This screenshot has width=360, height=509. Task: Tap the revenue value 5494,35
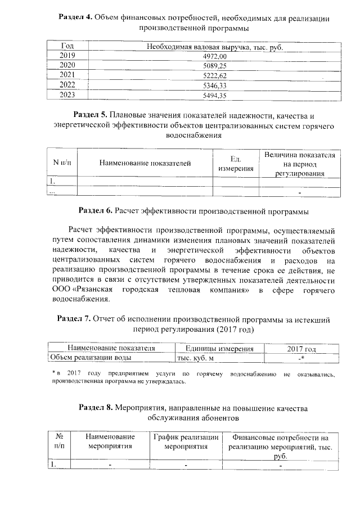tap(214, 95)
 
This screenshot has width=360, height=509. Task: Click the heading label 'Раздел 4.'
tap(75, 18)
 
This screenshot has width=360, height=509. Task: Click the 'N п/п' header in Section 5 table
tap(62, 163)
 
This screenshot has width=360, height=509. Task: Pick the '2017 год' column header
tap(301, 349)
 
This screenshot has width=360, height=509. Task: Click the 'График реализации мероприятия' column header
tap(186, 442)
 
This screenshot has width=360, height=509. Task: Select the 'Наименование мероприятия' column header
tap(110, 442)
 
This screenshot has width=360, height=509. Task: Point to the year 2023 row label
tap(67, 95)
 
